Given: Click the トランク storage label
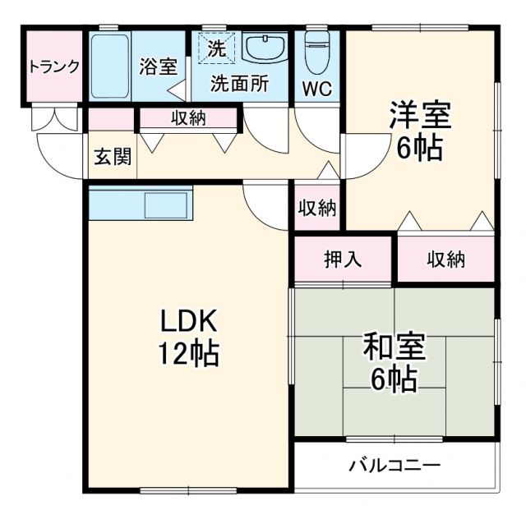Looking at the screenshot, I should tap(53, 67).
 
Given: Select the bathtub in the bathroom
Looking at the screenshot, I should tap(109, 67).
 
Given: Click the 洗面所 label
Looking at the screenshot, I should tap(239, 84).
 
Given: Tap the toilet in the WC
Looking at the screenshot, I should tap(316, 54).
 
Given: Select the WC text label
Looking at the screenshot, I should tap(317, 89).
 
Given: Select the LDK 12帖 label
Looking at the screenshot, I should tap(188, 337).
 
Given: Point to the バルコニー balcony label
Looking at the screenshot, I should tap(395, 466).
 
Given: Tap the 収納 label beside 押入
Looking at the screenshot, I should tap(445, 260).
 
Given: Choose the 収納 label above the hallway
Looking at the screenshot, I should tap(188, 118).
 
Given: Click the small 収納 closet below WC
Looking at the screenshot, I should tap(317, 209).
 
